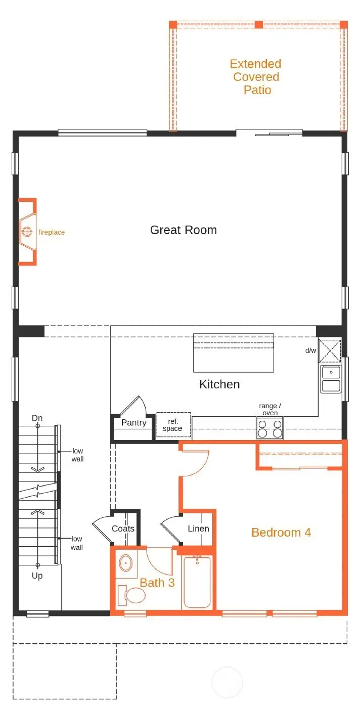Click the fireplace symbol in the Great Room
[x=27, y=233]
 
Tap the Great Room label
[x=184, y=230]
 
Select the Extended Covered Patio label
[x=255, y=77]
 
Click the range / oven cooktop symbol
[x=269, y=428]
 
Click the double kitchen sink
[x=331, y=379]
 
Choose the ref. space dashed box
[x=173, y=425]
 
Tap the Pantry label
[x=134, y=423]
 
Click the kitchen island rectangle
[x=233, y=352]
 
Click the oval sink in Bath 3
[x=125, y=562]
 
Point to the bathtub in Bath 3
[x=198, y=582]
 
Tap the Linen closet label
[x=198, y=529]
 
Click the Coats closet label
[x=123, y=529]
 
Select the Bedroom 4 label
[x=281, y=532]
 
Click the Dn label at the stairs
[x=37, y=418]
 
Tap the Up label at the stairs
[x=37, y=576]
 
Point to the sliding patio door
[x=269, y=134]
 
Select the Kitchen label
[x=219, y=384]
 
